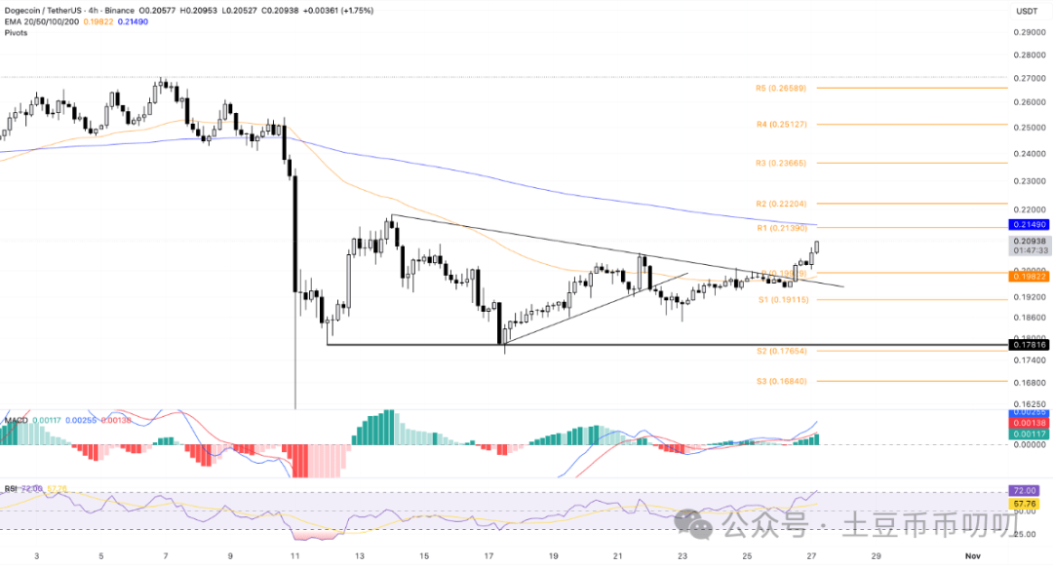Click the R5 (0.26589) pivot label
point(780,88)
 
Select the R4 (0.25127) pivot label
point(780,125)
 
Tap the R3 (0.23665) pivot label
point(780,163)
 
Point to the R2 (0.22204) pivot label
point(780,204)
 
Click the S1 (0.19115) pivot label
point(780,300)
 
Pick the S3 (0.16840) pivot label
point(780,382)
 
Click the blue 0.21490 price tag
point(1029,225)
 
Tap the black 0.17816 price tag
point(1029,345)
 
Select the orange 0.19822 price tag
point(1029,276)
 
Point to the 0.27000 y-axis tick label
point(1029,78)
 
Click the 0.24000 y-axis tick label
point(1029,154)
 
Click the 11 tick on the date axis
point(294,555)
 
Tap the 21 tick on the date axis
point(618,555)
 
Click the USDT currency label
point(1027,11)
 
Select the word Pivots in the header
point(16,32)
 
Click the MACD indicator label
point(14,420)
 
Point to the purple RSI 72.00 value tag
point(1029,492)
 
